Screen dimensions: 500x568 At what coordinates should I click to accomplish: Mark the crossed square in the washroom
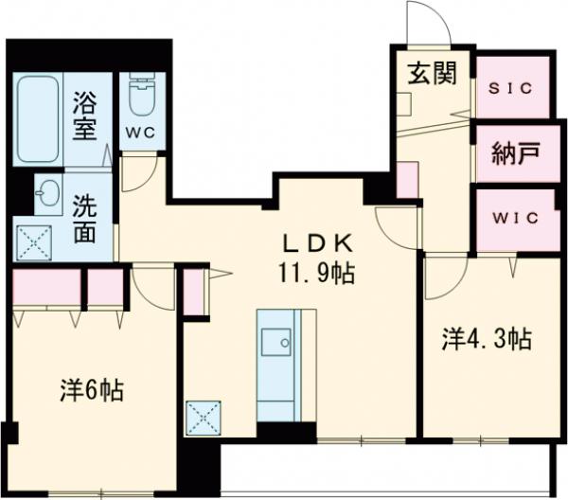coord(36,241)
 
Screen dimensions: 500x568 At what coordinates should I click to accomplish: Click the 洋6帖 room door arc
coord(150,283)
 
